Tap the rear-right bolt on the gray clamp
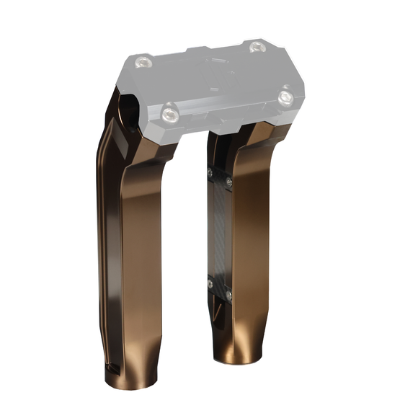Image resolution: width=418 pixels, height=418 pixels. click(257, 47)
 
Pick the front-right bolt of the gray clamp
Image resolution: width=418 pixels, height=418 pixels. click(286, 96)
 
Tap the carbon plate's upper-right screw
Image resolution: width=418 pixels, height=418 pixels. click(228, 183)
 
